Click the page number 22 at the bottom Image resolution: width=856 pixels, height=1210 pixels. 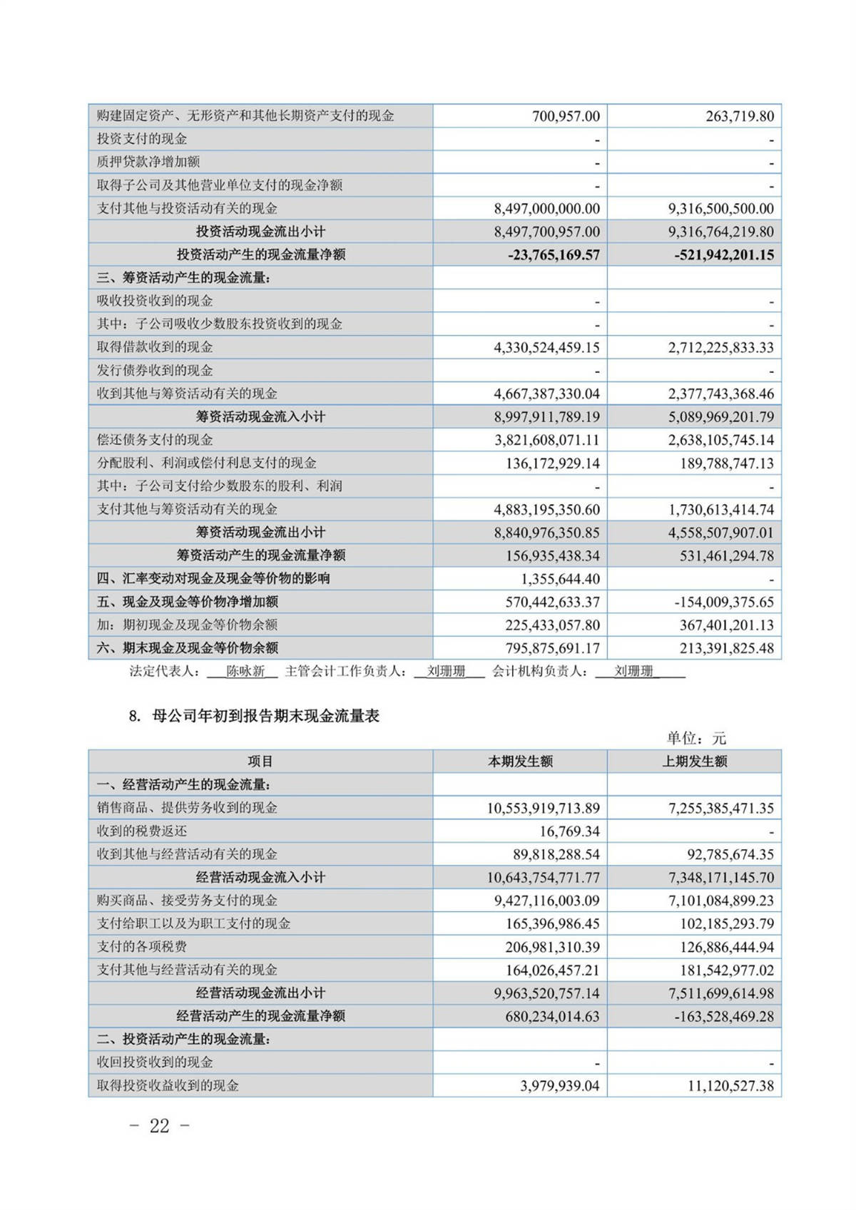coord(160,1126)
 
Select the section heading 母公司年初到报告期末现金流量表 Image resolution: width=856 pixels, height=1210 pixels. coord(266,716)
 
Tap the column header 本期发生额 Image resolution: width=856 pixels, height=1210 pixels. coord(520,762)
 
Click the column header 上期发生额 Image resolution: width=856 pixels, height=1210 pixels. coord(694,762)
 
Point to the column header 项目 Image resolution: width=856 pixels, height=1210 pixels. coord(260,762)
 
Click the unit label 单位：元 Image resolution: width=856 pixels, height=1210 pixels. coord(696,738)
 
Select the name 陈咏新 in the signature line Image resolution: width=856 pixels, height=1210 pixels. coord(245,671)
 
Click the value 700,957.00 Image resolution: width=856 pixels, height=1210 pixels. coord(566,116)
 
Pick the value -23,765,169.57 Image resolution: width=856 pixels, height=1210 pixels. coord(554,255)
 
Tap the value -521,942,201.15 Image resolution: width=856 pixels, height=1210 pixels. coord(724,255)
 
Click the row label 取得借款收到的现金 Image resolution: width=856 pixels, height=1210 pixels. coord(155,347)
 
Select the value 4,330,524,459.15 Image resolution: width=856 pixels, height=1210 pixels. coord(546,348)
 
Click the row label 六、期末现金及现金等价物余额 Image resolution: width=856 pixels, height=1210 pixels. coord(188,648)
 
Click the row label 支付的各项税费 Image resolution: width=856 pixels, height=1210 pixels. coord(142,947)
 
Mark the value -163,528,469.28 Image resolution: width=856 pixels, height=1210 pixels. coord(723,1016)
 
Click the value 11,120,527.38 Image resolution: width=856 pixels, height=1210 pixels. coord(728,1086)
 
